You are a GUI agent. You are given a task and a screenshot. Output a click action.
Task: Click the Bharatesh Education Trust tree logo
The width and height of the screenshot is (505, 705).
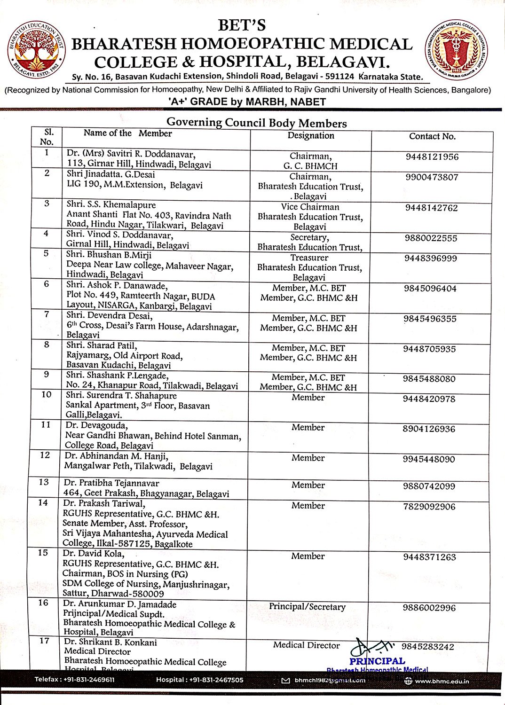pyautogui.click(x=36, y=50)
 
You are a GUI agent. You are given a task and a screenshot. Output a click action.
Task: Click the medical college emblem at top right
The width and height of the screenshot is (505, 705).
pyautogui.click(x=456, y=50)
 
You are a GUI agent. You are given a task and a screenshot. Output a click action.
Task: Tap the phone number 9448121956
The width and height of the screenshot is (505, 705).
pyautogui.click(x=432, y=157)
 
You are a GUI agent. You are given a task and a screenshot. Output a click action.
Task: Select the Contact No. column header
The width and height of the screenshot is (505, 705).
pyautogui.click(x=432, y=136)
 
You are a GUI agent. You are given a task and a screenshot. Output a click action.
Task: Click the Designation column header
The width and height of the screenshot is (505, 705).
pyautogui.click(x=311, y=135)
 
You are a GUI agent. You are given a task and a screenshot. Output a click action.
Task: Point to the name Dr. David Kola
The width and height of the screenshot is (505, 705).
pyautogui.click(x=93, y=554)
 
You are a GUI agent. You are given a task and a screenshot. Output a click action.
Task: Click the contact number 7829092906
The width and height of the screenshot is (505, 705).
pyautogui.click(x=429, y=507)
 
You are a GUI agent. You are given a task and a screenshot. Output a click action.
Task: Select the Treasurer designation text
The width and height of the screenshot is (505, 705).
pyautogui.click(x=309, y=258)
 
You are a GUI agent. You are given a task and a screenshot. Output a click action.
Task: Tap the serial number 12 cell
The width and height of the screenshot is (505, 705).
pyautogui.click(x=45, y=455)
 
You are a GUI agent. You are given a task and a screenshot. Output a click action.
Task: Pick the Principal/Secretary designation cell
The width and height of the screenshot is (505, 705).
pyautogui.click(x=307, y=607)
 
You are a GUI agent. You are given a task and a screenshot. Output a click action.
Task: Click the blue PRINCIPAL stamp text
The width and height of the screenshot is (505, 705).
pyautogui.click(x=377, y=661)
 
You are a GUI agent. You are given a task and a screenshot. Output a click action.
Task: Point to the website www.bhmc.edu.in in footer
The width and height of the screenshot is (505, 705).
pyautogui.click(x=442, y=681)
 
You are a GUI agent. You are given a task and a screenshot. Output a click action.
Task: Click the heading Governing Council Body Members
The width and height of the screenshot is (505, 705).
pyautogui.click(x=257, y=123)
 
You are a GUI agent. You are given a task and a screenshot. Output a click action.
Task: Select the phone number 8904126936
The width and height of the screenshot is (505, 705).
pyautogui.click(x=428, y=429)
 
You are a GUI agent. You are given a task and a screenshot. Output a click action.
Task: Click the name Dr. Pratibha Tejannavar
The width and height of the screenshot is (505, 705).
pyautogui.click(x=111, y=483)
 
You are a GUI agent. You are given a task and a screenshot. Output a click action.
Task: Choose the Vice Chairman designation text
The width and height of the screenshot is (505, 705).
pyautogui.click(x=310, y=207)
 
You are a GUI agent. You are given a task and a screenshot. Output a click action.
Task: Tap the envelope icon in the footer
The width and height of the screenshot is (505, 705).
pyautogui.click(x=285, y=681)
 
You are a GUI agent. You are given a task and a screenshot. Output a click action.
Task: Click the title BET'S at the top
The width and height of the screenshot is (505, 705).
pyautogui.click(x=242, y=25)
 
